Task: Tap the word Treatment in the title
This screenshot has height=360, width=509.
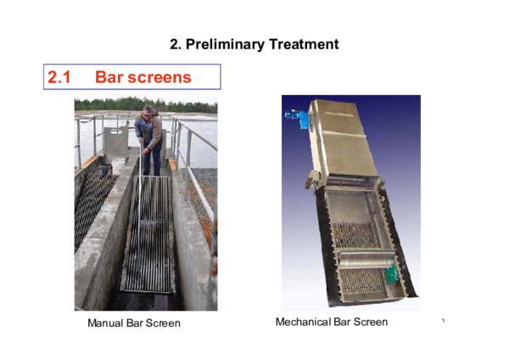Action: click(301, 44)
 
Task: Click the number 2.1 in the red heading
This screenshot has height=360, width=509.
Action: click(59, 77)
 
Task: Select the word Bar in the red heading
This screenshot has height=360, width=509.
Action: click(110, 77)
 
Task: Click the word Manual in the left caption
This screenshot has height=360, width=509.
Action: click(105, 323)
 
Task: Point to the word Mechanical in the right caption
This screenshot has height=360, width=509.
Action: click(304, 323)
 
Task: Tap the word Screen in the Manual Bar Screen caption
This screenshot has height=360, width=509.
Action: click(164, 323)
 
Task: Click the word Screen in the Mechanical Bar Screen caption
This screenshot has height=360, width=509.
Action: click(370, 323)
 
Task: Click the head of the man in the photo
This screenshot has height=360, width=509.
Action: click(149, 110)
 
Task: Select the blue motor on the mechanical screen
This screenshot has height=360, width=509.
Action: click(298, 119)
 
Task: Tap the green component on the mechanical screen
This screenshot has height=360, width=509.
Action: click(391, 274)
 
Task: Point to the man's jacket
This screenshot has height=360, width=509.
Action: click(148, 132)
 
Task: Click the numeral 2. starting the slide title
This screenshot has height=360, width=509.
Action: click(176, 44)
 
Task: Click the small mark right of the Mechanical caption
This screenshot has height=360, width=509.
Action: click(443, 321)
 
